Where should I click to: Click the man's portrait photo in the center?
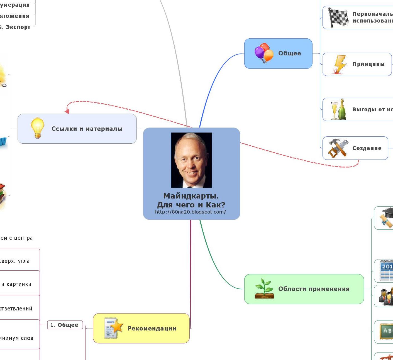191,160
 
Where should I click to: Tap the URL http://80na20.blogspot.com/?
191,212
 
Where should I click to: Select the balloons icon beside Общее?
264,53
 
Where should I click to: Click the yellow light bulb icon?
37,128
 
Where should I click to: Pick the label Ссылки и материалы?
87,129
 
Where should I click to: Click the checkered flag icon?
338,18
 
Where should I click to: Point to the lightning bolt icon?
340,65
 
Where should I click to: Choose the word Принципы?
368,64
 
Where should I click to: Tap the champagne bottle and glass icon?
338,109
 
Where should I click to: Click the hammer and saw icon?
338,148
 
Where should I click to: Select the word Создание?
367,148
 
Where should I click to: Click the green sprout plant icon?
264,288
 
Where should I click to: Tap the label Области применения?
314,289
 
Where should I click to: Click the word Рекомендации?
152,329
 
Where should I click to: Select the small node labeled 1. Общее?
65,325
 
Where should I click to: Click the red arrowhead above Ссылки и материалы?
67,111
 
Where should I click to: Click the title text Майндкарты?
191,196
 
